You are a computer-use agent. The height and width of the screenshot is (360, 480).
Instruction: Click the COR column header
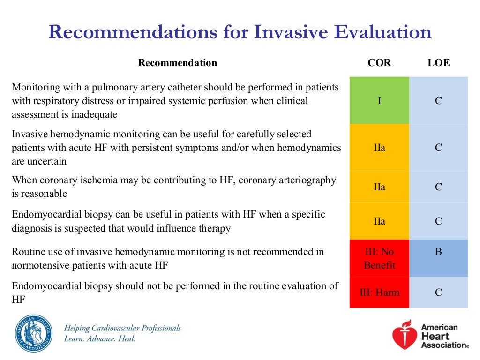(x=379, y=63)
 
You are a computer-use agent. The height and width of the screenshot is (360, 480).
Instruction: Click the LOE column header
(x=438, y=63)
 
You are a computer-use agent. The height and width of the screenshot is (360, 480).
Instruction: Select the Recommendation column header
(x=177, y=63)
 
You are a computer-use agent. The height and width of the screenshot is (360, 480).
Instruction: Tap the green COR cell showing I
(x=379, y=100)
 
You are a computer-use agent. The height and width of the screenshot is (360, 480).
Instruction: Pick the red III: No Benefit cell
(x=379, y=258)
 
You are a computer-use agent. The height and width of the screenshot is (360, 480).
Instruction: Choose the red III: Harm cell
(x=379, y=292)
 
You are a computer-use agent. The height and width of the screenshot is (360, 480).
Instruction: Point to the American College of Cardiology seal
(x=33, y=333)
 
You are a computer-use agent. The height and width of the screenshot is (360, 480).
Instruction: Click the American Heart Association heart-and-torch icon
(x=404, y=335)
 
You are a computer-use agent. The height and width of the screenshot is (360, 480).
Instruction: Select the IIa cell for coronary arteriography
(x=379, y=187)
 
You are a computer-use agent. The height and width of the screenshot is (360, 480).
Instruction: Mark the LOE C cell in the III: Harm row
(x=438, y=292)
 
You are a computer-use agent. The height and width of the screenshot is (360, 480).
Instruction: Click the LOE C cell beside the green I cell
(x=438, y=100)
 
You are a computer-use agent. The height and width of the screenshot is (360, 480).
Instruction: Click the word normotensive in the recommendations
(x=40, y=265)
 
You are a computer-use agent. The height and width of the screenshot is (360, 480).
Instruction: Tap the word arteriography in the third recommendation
(x=307, y=180)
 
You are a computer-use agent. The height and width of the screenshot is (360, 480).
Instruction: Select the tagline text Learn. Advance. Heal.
(x=99, y=338)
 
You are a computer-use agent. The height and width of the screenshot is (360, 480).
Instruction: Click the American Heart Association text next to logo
(x=443, y=336)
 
